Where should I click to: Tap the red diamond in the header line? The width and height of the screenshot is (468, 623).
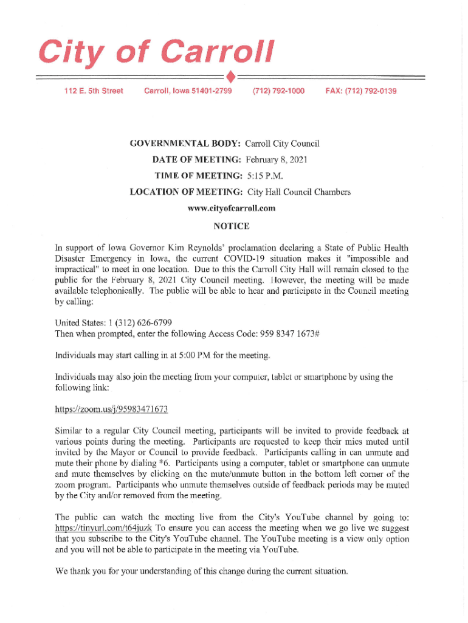[x=230, y=77]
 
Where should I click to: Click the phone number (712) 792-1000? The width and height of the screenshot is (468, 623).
[x=278, y=91]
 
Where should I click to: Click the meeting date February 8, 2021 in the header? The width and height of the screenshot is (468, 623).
[x=277, y=160]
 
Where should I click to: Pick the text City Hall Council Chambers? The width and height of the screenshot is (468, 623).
[x=298, y=192]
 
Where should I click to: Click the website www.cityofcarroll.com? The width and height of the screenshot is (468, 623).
[x=232, y=208]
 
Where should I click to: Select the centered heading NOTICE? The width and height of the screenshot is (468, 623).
[x=232, y=226]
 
